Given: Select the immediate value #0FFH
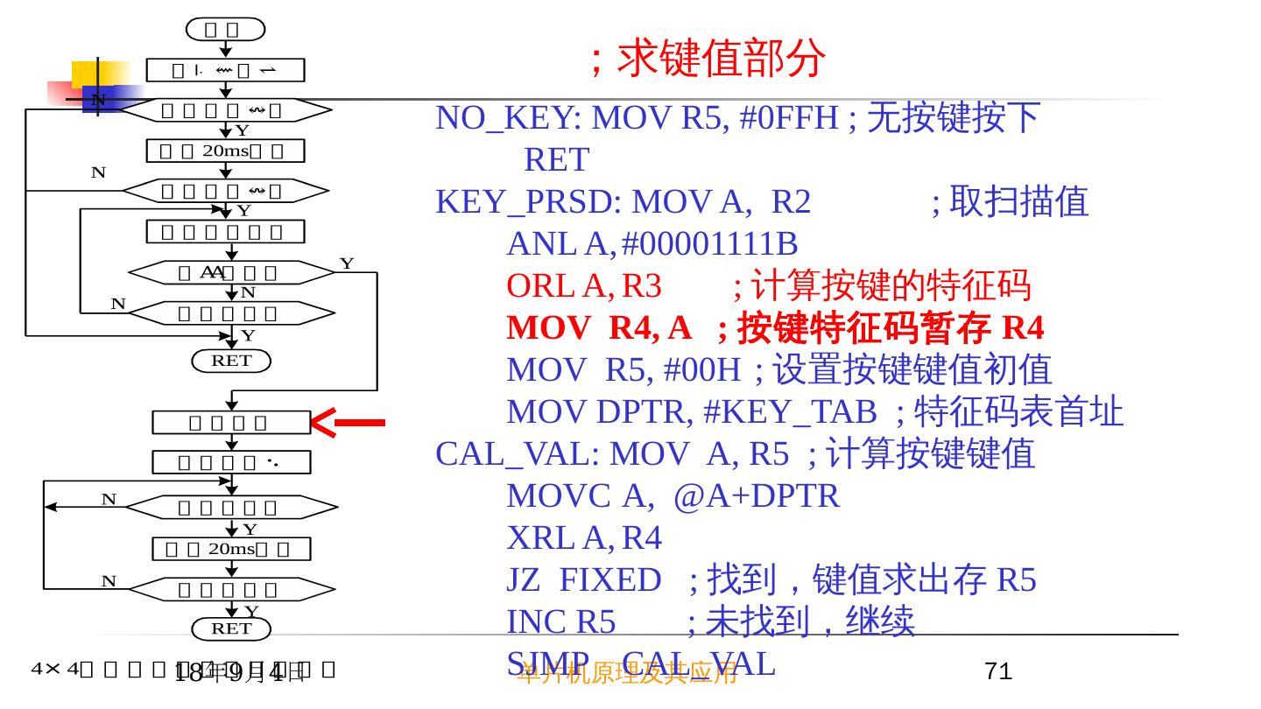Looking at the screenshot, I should pos(789,117).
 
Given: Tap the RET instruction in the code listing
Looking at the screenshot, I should pos(556,160).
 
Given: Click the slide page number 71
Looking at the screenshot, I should pos(998,671).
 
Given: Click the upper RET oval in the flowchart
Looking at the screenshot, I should pos(231,361).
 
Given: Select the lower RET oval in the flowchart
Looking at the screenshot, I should pos(231,628).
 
